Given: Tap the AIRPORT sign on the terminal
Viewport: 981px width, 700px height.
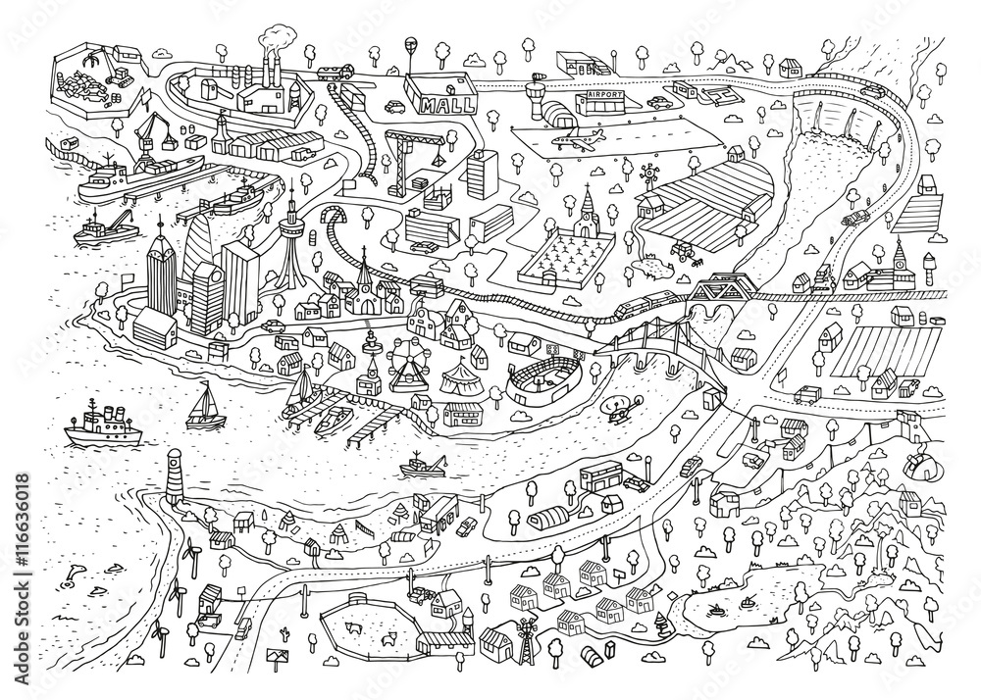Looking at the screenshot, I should point(606,98).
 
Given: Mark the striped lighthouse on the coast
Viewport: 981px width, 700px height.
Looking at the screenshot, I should point(177,475).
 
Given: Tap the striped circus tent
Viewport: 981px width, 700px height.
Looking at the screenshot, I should point(461,378).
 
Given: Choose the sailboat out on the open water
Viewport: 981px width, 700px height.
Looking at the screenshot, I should point(207,405).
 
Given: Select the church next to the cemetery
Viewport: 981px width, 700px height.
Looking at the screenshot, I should point(586,208).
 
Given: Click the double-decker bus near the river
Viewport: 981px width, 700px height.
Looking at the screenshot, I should point(600,476).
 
